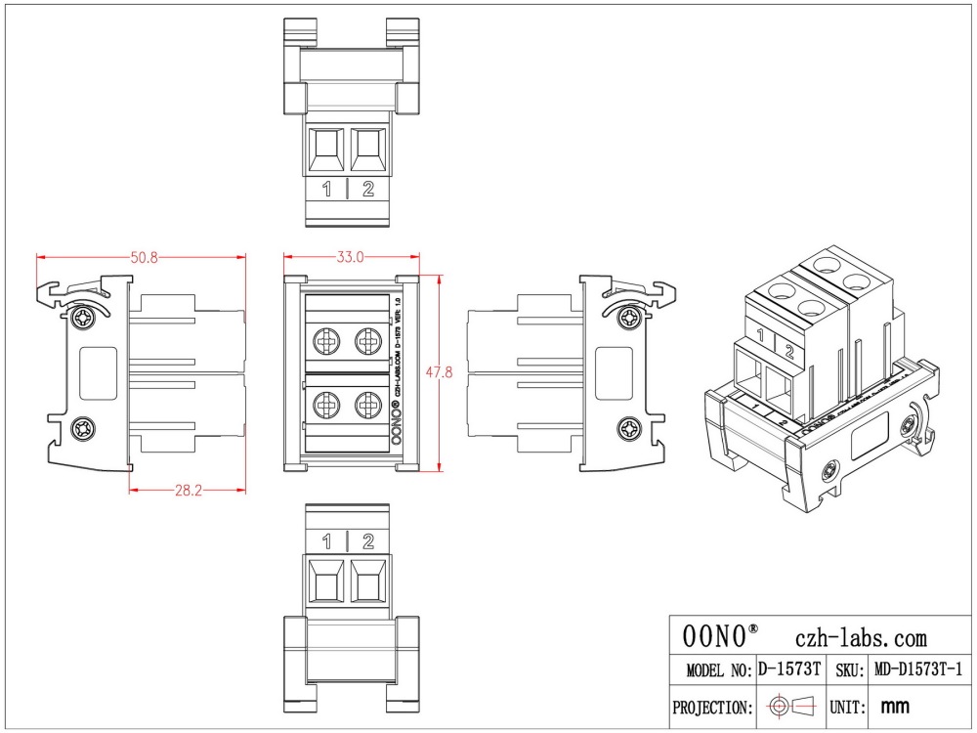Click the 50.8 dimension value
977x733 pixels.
pyautogui.click(x=145, y=257)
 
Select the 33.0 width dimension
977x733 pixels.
pyautogui.click(x=351, y=257)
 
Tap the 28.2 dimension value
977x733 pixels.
pyautogui.click(x=188, y=490)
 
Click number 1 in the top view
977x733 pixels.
pyautogui.click(x=327, y=189)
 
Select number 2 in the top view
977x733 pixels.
pyautogui.click(x=368, y=189)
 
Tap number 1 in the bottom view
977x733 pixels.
pyautogui.click(x=327, y=541)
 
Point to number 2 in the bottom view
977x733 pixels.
pyautogui.click(x=368, y=541)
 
